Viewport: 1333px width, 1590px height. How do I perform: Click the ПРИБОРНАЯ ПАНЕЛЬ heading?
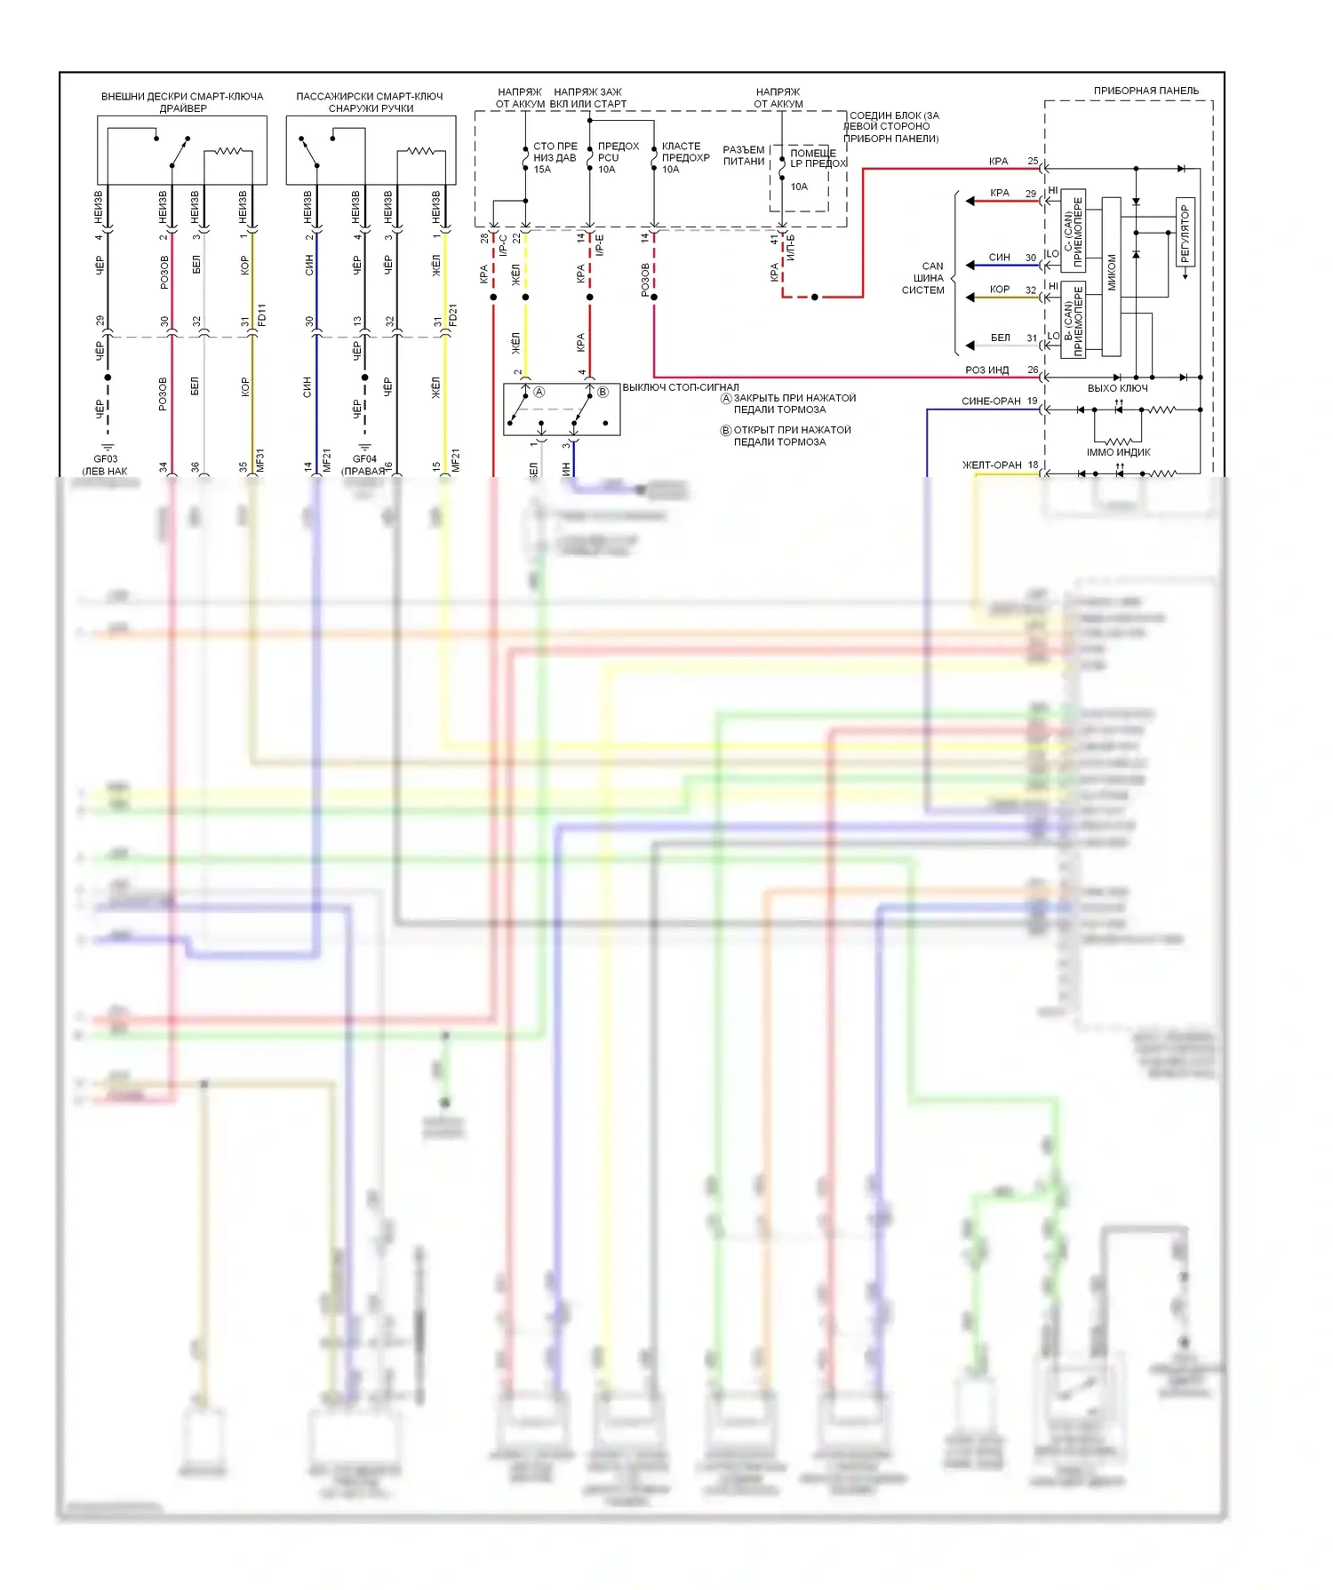point(1145,91)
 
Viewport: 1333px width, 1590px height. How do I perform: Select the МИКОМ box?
point(1111,276)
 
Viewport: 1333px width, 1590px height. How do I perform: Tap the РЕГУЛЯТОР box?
point(1185,232)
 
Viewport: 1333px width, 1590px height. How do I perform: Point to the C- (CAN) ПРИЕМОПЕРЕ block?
point(1073,232)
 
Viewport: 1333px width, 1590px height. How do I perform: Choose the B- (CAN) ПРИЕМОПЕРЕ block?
point(1073,320)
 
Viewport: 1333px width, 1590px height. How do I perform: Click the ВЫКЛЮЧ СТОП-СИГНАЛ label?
point(680,387)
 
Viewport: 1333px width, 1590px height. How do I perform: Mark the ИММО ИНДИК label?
point(1118,452)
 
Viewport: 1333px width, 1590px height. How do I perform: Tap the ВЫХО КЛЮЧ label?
point(1117,388)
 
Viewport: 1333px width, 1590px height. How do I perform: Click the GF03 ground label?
point(106,459)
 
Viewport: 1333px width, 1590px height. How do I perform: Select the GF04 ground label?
point(364,459)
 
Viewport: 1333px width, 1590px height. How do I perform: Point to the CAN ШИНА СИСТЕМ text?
point(924,278)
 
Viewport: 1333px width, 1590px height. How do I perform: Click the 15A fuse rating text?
point(542,170)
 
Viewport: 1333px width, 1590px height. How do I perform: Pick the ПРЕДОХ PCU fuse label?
point(618,152)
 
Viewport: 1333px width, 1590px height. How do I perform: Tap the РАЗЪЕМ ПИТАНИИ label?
point(743,155)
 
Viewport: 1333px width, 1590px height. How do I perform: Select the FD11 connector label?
point(261,314)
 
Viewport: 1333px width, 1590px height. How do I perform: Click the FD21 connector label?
point(453,314)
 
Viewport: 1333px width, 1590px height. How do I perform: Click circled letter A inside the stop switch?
point(539,392)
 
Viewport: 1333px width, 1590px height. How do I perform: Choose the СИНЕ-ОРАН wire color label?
point(991,401)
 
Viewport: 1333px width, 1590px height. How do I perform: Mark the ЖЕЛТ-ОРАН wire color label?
point(992,465)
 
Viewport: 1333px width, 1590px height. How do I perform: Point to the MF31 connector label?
point(261,460)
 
